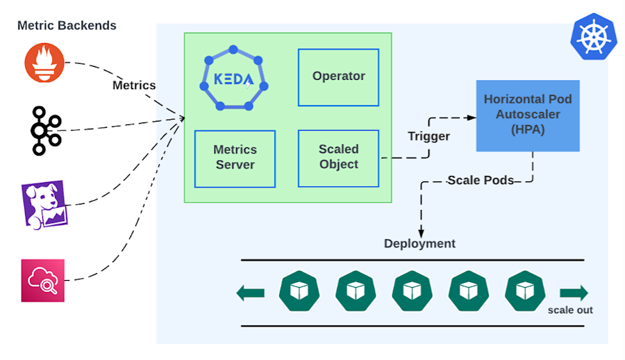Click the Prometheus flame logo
44,63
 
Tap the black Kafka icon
44,131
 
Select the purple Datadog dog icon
44,205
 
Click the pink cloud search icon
43,281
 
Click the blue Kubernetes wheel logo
594,37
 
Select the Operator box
338,77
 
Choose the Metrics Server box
235,159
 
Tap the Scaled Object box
338,158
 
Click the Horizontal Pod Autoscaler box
528,116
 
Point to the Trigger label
428,136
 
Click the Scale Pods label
481,181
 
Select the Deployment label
419,243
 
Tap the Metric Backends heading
67,26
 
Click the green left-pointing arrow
250,293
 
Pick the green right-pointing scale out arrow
574,293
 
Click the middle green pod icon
412,291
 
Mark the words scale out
570,310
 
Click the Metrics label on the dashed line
134,85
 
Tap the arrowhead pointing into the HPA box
472,117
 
